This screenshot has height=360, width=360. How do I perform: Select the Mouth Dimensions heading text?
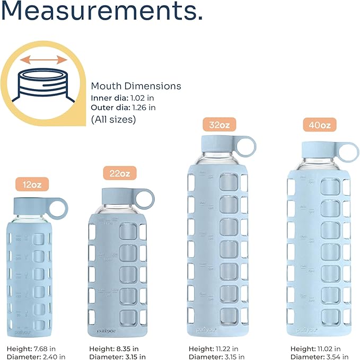(x=136, y=86)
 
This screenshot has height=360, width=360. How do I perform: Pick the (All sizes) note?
(x=113, y=119)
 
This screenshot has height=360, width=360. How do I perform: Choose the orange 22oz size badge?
(x=119, y=173)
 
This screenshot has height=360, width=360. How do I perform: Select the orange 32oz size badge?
(x=219, y=125)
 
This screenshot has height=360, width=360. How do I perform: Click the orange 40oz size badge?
(x=320, y=126)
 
